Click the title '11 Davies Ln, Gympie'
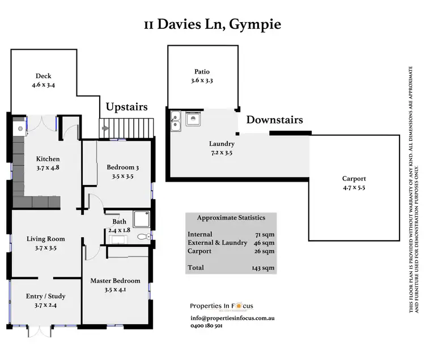pyautogui.click(x=212, y=24)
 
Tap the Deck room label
pyautogui.click(x=44, y=76)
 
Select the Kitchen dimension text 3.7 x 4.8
pyautogui.click(x=48, y=168)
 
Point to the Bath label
pyautogui.click(x=119, y=221)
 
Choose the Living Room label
pyautogui.click(x=46, y=239)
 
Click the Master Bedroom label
pyautogui.click(x=115, y=280)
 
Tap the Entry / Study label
pyautogui.click(x=46, y=296)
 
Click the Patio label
pyautogui.click(x=202, y=72)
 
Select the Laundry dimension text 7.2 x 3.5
pyautogui.click(x=221, y=152)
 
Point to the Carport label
pyautogui.click(x=354, y=179)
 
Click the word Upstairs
pyautogui.click(x=127, y=106)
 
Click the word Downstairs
pyautogui.click(x=274, y=120)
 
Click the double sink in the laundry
pyautogui.click(x=175, y=121)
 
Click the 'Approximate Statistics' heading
pyautogui.click(x=231, y=217)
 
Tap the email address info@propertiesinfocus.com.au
pyautogui.click(x=232, y=318)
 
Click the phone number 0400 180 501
pyautogui.click(x=206, y=326)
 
